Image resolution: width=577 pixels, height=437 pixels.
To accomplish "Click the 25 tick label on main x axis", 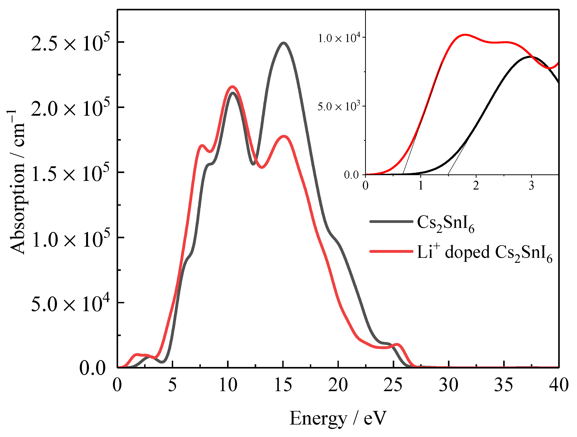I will (393, 385).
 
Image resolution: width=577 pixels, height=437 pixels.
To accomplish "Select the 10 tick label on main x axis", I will (228, 385).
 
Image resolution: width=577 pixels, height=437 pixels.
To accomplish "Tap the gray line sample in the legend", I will (391, 222).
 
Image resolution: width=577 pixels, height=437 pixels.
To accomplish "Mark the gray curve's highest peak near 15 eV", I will (283, 43).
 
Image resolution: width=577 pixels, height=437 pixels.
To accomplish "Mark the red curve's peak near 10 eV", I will (232, 87).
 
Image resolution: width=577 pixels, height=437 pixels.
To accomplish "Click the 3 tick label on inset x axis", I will (531, 186).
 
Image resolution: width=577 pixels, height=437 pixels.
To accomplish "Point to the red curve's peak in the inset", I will (465, 35).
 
